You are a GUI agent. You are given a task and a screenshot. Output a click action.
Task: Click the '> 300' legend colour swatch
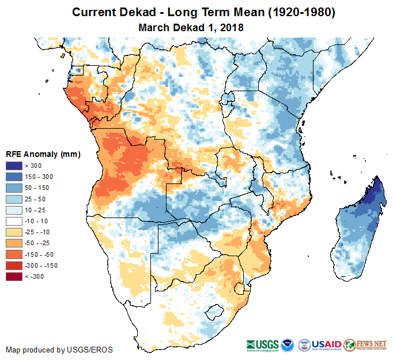tap(14, 166)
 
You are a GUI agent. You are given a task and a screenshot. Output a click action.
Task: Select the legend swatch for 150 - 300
tap(14, 177)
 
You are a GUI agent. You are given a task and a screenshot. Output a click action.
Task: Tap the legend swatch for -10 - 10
tap(14, 221)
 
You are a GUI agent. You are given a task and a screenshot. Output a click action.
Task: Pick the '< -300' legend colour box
tap(14, 276)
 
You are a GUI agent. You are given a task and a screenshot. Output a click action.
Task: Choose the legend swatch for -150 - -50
tap(14, 254)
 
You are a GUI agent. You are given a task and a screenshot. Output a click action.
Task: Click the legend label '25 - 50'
tap(37, 199)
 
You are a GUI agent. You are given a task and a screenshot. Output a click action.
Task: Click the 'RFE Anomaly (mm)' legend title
tap(43, 154)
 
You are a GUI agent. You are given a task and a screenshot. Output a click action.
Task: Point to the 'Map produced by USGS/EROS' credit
tap(59, 350)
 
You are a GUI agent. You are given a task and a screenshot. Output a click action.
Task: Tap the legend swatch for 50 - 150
tap(14, 187)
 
